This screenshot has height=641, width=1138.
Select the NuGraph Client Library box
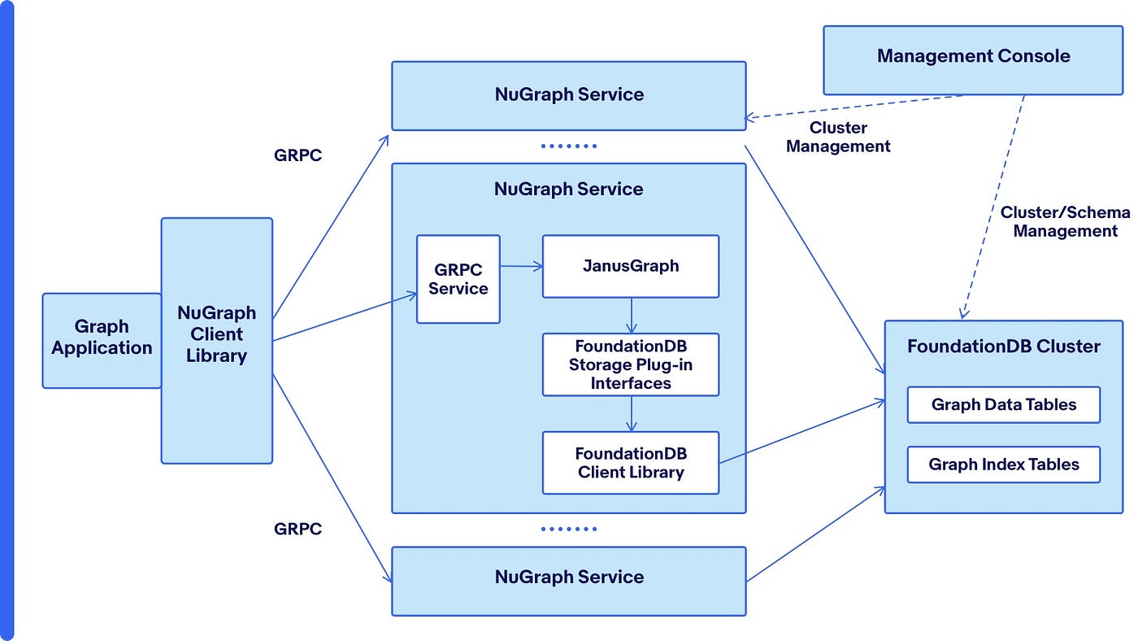point(216,340)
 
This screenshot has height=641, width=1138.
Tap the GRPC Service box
point(458,279)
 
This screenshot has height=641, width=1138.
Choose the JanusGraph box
point(630,266)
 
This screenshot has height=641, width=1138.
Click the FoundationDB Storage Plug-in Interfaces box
point(630,364)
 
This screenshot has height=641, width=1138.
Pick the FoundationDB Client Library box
point(630,463)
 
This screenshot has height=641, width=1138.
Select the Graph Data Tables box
point(1003,405)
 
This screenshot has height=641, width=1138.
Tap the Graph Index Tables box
point(1003,464)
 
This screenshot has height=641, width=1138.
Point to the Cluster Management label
point(838,137)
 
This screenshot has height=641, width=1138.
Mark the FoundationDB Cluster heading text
point(1003,347)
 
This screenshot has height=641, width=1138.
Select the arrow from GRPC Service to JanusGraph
point(521,266)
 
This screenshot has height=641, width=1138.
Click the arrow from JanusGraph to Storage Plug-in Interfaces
point(630,315)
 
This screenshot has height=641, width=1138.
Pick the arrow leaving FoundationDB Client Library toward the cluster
point(801,432)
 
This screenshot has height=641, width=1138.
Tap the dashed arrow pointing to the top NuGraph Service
point(853,107)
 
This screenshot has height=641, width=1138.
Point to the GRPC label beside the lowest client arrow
point(298,529)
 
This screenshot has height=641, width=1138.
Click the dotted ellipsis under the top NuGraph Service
point(568,146)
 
